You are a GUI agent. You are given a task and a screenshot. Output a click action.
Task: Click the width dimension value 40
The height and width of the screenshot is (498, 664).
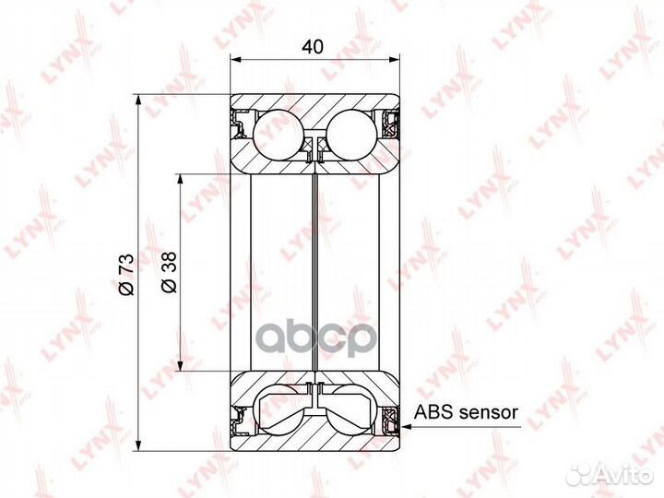tap(314, 44)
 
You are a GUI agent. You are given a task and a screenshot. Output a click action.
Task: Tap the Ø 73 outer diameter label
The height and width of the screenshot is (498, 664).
tap(128, 274)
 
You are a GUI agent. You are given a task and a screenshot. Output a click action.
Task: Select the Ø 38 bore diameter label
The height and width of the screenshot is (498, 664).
tap(169, 274)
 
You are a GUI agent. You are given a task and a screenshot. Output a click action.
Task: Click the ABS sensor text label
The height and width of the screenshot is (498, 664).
tap(467, 414)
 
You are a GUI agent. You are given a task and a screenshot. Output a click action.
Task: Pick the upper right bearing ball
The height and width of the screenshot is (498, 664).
tap(352, 132)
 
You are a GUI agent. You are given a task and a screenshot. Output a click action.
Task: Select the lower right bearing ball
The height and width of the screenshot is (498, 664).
tap(351, 411)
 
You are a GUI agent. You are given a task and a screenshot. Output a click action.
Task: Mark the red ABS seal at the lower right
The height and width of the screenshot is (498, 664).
tap(392, 423)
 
